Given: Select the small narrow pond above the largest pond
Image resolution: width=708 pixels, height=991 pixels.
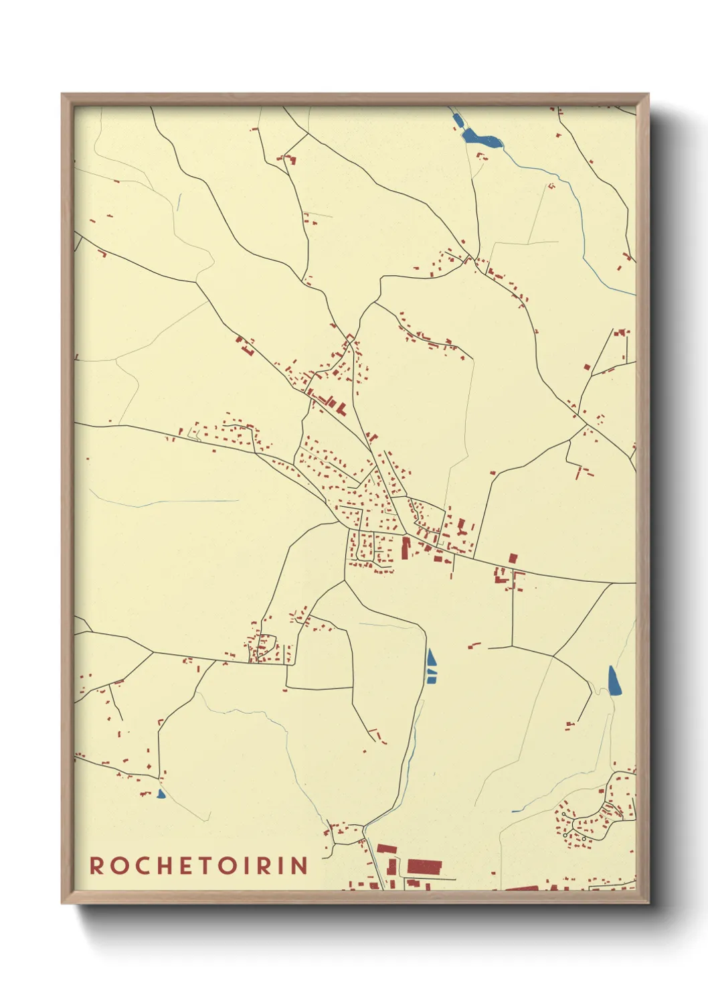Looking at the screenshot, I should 458,121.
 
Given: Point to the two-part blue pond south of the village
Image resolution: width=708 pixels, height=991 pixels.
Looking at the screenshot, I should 431,665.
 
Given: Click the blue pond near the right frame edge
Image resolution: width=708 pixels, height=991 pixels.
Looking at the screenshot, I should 614,680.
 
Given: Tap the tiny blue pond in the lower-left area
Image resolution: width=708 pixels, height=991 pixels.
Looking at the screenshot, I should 161,794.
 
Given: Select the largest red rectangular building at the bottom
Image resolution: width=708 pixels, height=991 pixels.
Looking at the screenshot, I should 424,866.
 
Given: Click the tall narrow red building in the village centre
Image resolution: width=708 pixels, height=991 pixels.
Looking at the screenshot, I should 405,547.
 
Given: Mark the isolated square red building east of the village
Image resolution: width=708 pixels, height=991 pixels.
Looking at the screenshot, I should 513,558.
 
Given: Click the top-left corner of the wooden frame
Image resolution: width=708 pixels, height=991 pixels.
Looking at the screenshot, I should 62,94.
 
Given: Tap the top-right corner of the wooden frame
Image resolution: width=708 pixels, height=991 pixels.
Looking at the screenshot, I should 648,94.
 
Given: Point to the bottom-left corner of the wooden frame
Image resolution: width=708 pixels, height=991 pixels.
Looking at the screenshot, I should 62,903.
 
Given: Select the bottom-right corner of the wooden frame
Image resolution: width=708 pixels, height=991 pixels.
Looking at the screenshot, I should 648,903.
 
